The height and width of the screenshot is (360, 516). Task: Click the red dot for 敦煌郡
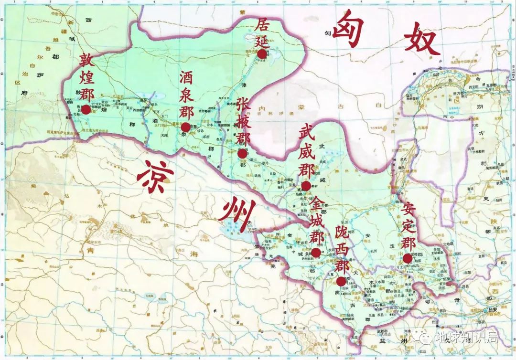(86, 109)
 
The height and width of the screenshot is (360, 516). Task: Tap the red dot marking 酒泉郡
(185, 127)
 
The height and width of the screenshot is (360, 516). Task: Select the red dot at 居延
(261, 54)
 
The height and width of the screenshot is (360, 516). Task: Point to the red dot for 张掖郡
(242, 154)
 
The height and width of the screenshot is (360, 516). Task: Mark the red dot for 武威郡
(306, 185)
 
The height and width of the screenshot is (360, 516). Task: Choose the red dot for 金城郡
(316, 253)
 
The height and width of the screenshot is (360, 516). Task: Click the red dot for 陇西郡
(341, 281)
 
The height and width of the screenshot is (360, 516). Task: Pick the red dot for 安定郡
(407, 258)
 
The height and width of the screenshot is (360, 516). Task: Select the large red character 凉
(154, 177)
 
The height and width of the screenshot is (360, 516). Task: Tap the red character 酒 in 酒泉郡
(186, 78)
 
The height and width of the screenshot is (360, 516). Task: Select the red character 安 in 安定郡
(408, 209)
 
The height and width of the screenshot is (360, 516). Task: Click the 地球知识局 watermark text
(465, 338)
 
